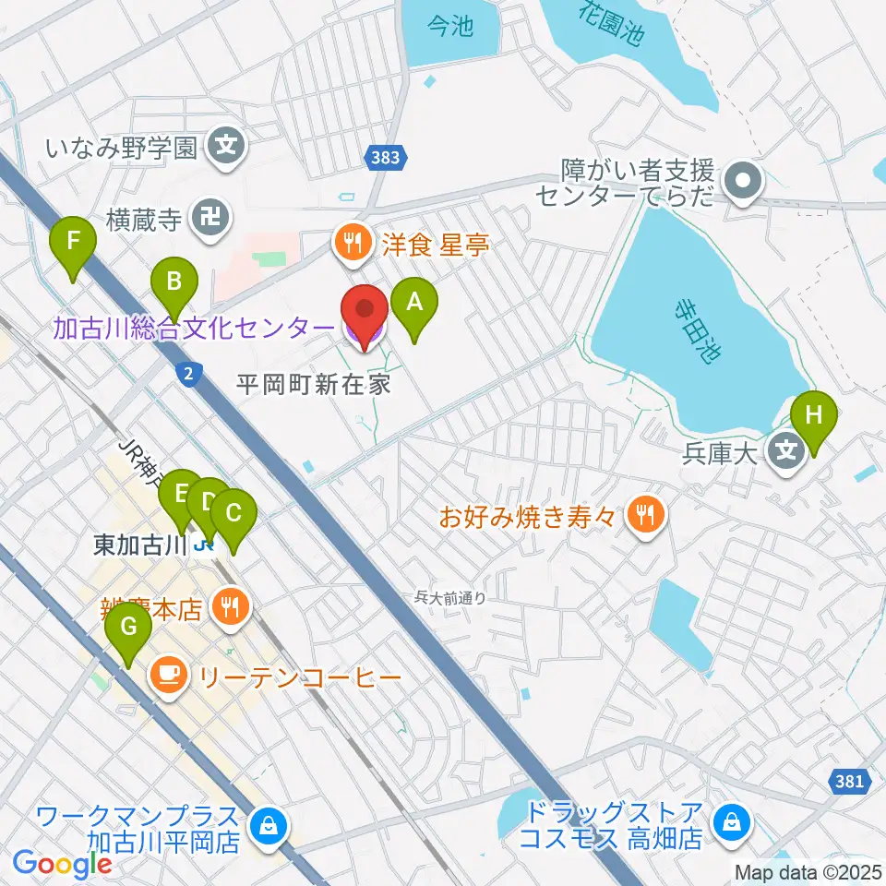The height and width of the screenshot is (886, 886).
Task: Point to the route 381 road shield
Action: coord(849,782)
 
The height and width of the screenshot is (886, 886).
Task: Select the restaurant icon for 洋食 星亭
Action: coord(351,245)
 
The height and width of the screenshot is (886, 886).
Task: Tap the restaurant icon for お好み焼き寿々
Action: coord(645,514)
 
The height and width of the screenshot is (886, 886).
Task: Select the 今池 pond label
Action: coord(450,27)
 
